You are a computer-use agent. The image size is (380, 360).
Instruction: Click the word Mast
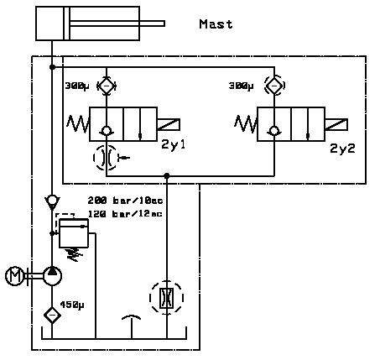pos(216,24)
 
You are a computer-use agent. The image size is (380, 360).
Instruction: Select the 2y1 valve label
pos(174,144)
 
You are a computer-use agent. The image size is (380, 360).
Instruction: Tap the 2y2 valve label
pos(342,149)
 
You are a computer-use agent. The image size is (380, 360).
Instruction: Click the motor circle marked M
pos(14,276)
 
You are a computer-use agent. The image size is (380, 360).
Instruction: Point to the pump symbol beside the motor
pos(52,276)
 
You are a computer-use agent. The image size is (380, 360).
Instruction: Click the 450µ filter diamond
pos(52,316)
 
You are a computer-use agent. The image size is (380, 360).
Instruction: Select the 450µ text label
pos(72,305)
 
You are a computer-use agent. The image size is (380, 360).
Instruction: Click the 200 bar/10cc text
pos(125,201)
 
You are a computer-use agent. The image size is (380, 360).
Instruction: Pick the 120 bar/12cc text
pos(125,214)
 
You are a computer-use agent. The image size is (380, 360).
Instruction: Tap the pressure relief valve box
pos(74,233)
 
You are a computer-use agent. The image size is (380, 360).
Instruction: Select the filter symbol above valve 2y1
pos(107,86)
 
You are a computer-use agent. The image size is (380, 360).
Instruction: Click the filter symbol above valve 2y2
pos(274,86)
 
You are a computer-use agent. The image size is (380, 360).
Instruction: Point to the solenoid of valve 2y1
pos(169,124)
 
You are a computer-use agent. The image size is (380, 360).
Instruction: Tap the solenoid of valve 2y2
pos(336,124)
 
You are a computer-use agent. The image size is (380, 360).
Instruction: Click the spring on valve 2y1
pos(78,124)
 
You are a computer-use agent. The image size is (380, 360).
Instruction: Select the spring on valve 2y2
pos(246,124)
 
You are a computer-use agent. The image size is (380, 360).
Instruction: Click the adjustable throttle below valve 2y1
pos(107,158)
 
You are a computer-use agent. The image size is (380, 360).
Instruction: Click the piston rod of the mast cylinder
pos(117,23)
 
